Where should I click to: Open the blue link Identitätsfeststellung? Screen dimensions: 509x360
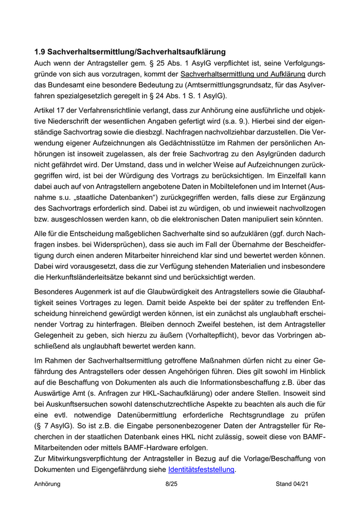(201, 470)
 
